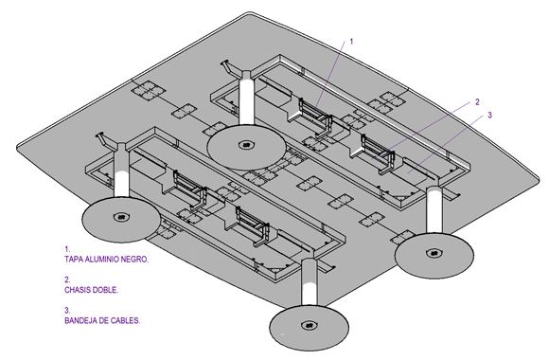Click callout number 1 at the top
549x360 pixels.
click(351, 42)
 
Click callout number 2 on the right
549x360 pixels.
click(477, 102)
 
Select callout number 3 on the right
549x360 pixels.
click(489, 115)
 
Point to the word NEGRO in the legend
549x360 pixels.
click(134, 260)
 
